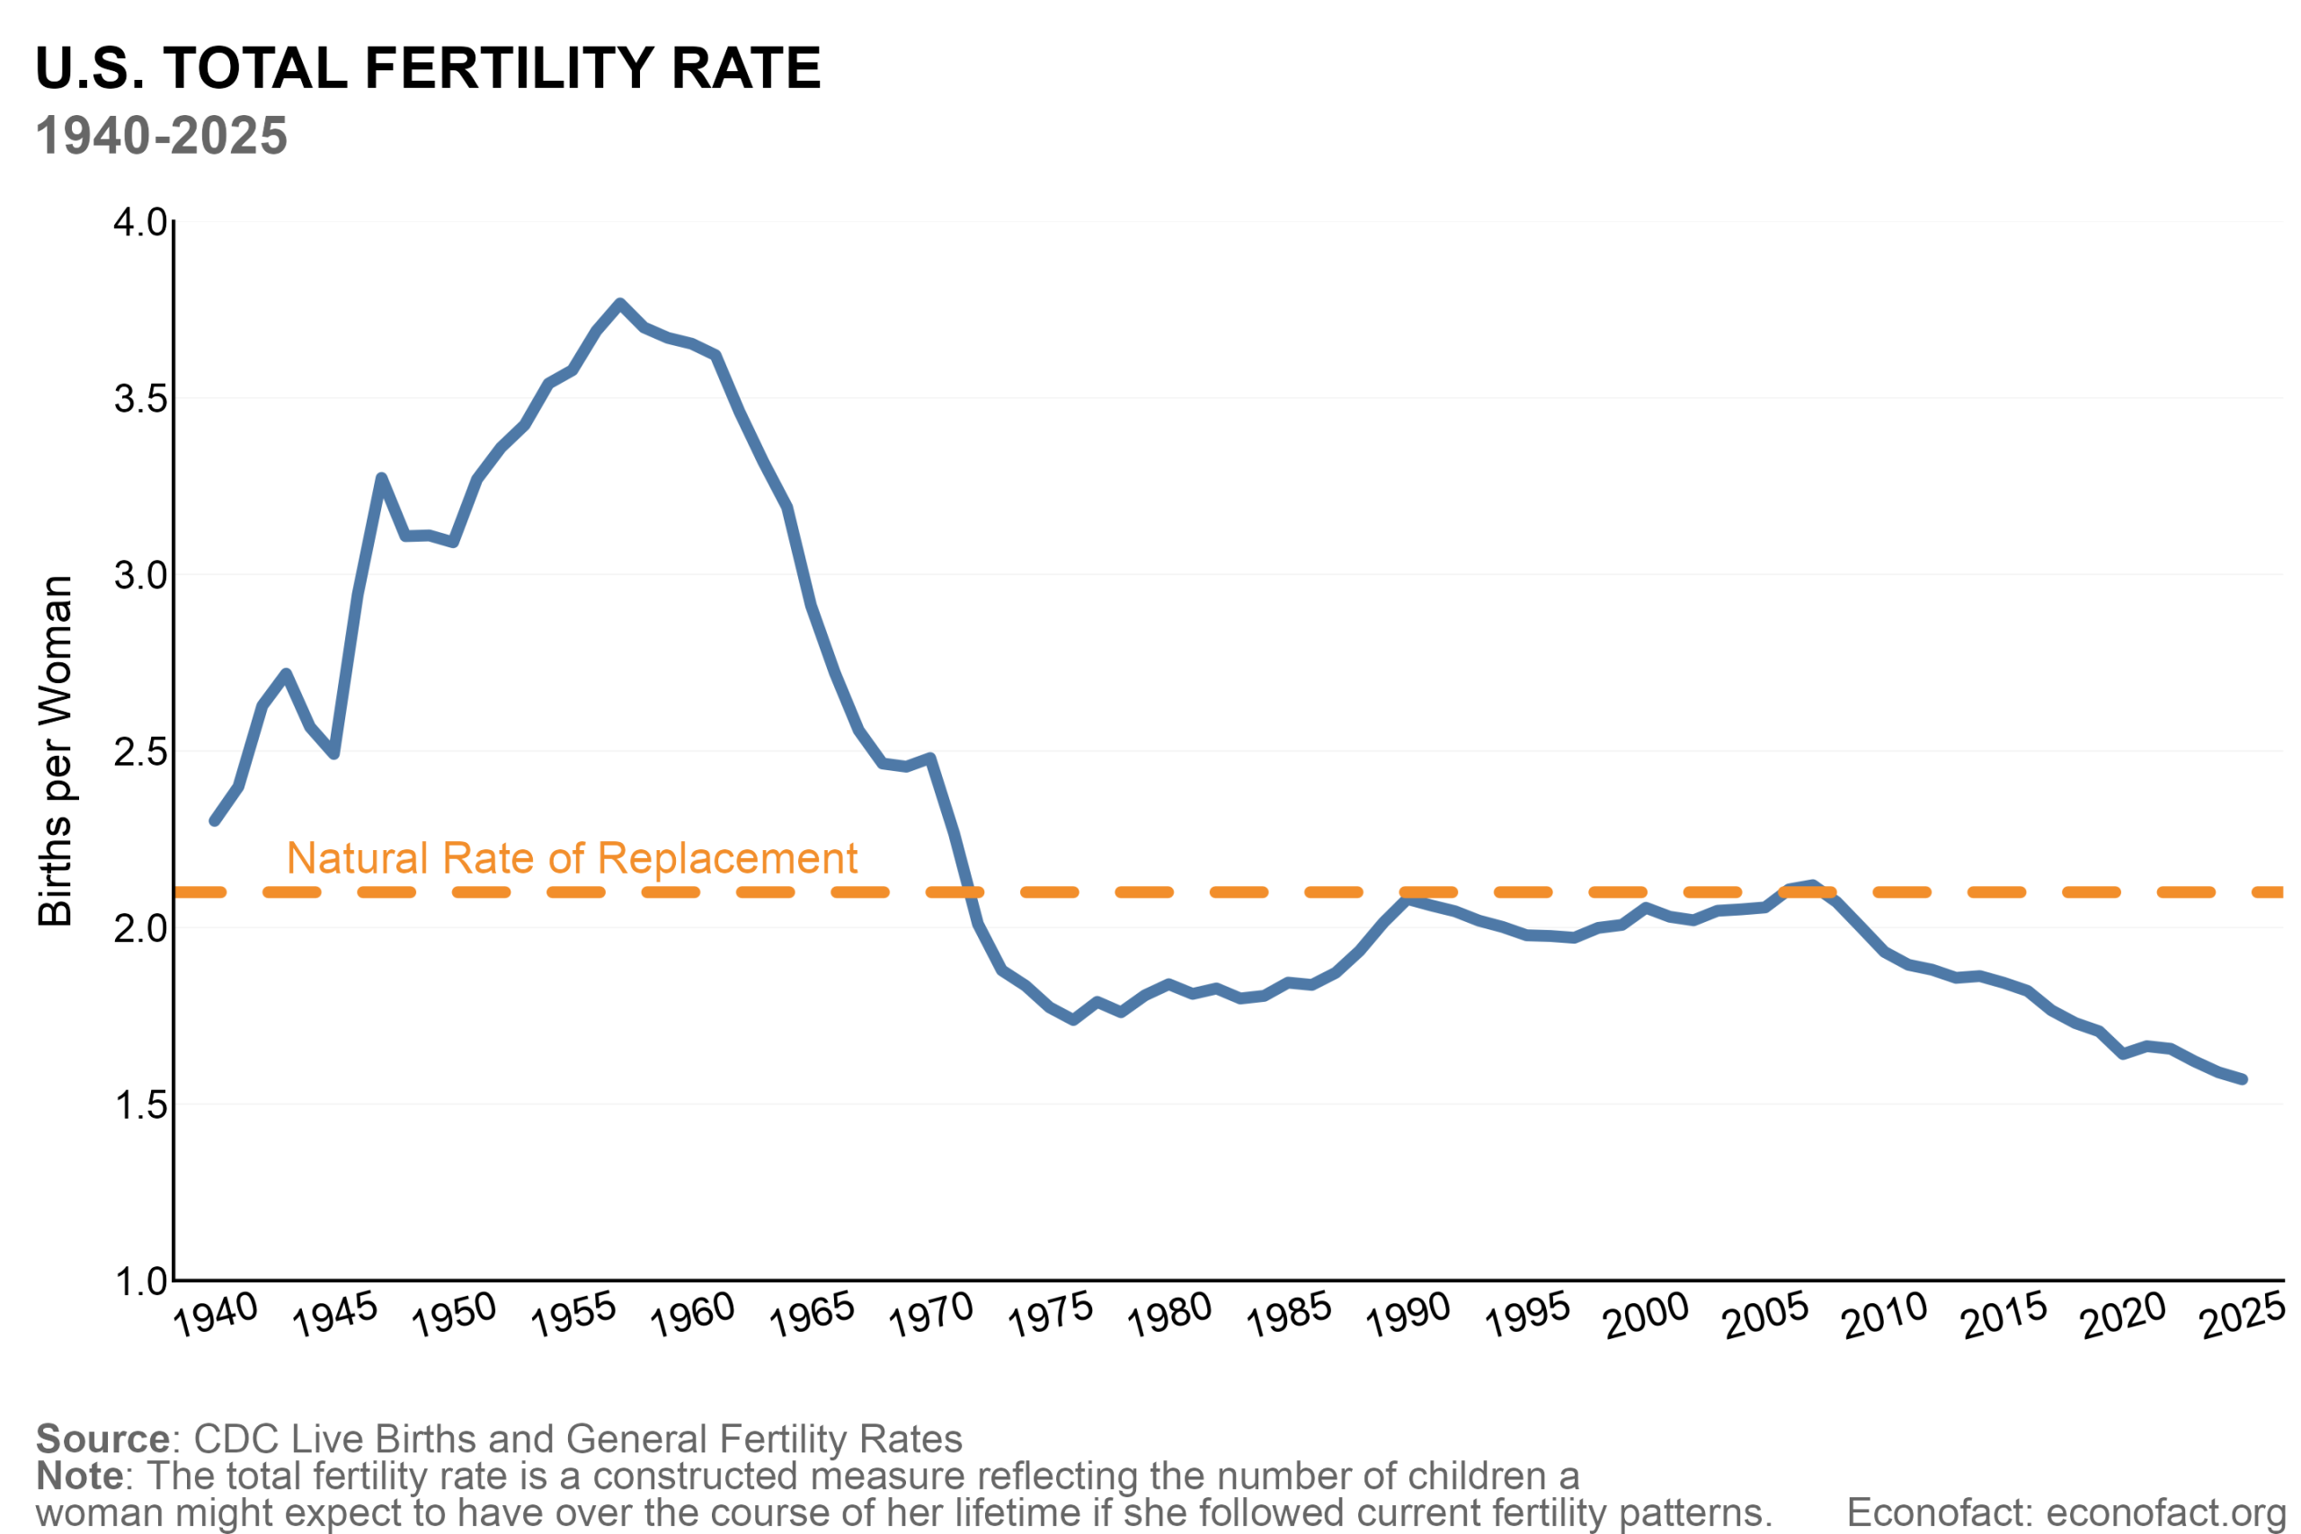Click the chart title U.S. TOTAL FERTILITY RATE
[428, 68]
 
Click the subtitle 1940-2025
[162, 136]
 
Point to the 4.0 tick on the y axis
[140, 222]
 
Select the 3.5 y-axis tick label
[140, 399]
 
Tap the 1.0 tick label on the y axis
[140, 1281]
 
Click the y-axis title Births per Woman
[56, 751]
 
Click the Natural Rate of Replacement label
[572, 859]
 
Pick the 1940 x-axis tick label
[215, 1315]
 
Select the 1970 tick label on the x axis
[930, 1315]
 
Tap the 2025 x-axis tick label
[2243, 1315]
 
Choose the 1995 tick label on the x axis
[1527, 1315]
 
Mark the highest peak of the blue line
[620, 303]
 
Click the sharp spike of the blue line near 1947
[381, 477]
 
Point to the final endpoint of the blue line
[2243, 1079]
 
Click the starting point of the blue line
[214, 820]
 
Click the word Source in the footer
[102, 1439]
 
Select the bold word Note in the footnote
[79, 1476]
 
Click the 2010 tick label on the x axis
[1884, 1315]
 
